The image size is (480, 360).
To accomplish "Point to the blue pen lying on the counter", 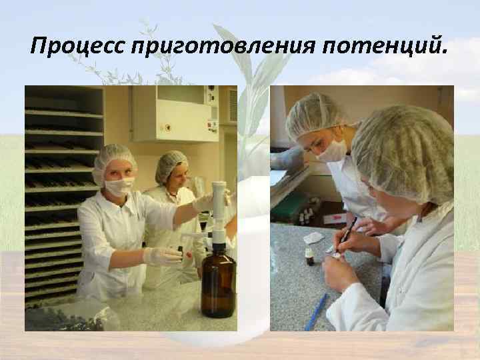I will [x=315, y=312].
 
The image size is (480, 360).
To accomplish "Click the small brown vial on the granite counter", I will [x=310, y=257].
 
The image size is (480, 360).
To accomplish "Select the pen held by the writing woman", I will [x=347, y=233].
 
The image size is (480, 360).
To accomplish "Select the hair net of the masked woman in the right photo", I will [x=317, y=113].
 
